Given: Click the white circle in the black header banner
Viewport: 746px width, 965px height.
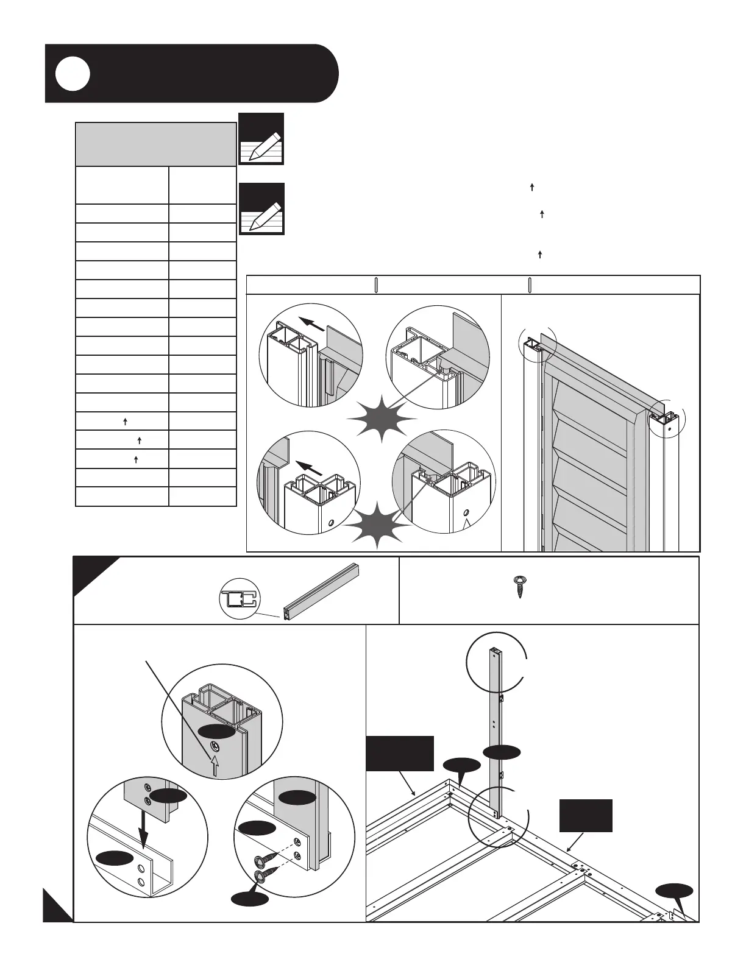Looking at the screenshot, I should point(73,74).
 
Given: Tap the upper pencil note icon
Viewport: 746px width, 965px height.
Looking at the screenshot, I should point(261,139).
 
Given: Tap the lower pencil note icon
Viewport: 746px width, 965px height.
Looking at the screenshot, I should point(261,208).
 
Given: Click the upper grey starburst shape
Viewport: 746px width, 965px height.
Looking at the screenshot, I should point(382,418).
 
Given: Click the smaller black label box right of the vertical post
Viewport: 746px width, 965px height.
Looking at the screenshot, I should point(586,815).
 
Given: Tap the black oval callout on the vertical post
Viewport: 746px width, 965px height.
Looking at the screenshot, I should point(502,752).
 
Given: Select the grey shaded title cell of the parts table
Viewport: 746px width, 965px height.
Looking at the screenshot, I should point(155,144).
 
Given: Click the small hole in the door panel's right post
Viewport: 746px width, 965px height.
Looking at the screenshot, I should point(669,429).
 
